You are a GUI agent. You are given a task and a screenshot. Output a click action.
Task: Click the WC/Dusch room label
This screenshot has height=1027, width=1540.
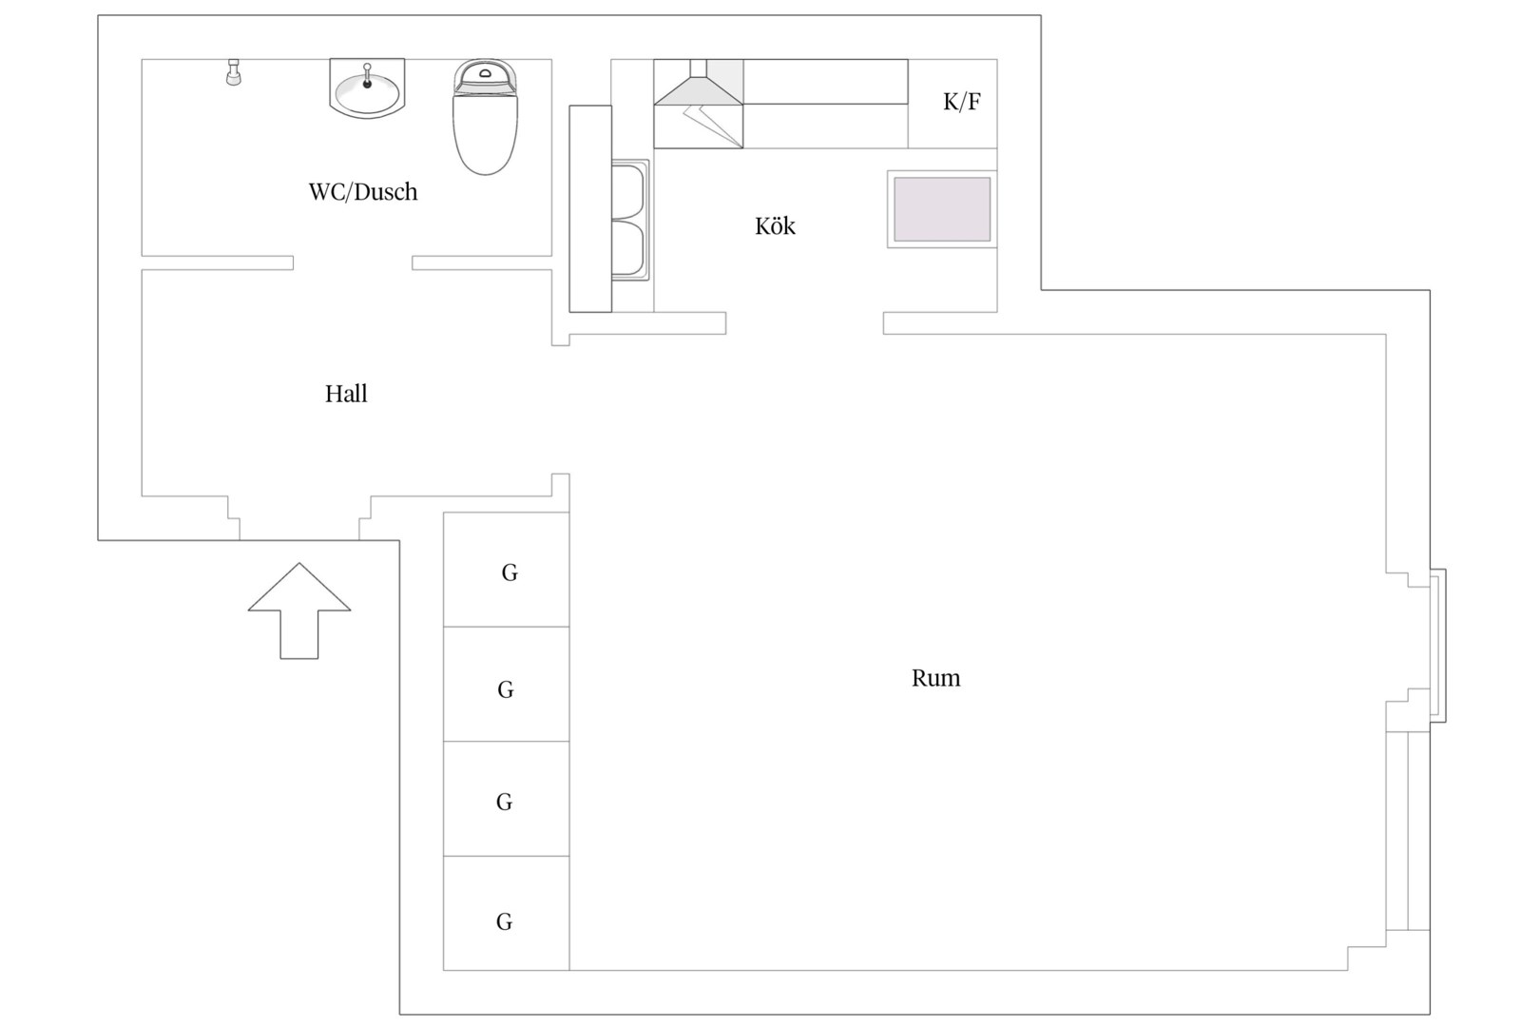coord(363,192)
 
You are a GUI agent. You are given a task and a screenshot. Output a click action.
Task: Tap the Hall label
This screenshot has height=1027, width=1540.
coord(346,394)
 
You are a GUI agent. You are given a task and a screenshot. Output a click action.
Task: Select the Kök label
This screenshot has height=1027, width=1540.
coord(775,225)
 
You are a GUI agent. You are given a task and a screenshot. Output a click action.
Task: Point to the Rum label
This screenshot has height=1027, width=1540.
coord(935,678)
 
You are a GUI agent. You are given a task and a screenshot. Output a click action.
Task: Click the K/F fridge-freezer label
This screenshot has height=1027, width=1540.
coord(962,102)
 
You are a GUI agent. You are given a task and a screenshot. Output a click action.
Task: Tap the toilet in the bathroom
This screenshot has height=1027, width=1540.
coord(486,117)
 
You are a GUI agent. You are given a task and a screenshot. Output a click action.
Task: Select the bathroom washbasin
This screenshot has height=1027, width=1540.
coord(367,88)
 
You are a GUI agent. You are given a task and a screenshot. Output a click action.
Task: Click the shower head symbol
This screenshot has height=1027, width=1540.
coord(234,72)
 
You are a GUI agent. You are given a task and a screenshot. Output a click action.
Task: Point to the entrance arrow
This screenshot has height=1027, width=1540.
coord(299,610)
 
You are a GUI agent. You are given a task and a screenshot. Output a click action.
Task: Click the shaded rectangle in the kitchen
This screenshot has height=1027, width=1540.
coord(942,209)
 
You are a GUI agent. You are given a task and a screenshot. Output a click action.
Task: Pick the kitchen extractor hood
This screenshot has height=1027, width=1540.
coord(699,104)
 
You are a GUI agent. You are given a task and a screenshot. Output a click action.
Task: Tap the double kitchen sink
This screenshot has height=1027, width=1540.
coord(629,220)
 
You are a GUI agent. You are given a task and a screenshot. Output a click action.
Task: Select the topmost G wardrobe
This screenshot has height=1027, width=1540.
coord(506,570)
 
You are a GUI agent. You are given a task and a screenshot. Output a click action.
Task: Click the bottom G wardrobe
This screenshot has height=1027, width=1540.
coord(506,914)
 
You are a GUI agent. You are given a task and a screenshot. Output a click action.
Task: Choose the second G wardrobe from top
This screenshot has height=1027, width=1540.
coord(506,685)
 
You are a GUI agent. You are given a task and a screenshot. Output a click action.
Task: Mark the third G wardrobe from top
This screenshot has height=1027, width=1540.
coord(506,799)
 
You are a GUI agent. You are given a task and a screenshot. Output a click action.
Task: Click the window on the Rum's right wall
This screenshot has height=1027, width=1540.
coord(1437,646)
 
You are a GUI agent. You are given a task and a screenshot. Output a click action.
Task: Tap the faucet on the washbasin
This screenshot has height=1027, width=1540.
coord(367,76)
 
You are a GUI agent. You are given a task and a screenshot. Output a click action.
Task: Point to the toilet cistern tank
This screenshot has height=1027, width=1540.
coord(486,77)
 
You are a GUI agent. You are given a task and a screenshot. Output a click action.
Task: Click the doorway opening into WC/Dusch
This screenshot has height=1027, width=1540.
coord(353,262)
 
